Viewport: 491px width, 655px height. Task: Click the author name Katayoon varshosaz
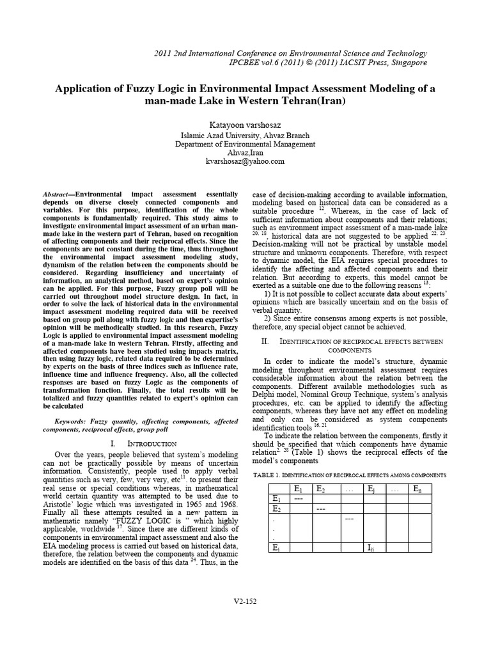[245, 122]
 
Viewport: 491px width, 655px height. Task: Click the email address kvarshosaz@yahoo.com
[245, 161]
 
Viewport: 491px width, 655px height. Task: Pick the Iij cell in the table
[371, 548]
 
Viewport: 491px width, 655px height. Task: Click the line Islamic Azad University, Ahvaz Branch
[245, 136]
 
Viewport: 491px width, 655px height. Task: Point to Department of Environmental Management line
[245, 145]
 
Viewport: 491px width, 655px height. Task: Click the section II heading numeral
[265, 342]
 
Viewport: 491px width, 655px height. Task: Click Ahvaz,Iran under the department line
[245, 153]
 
